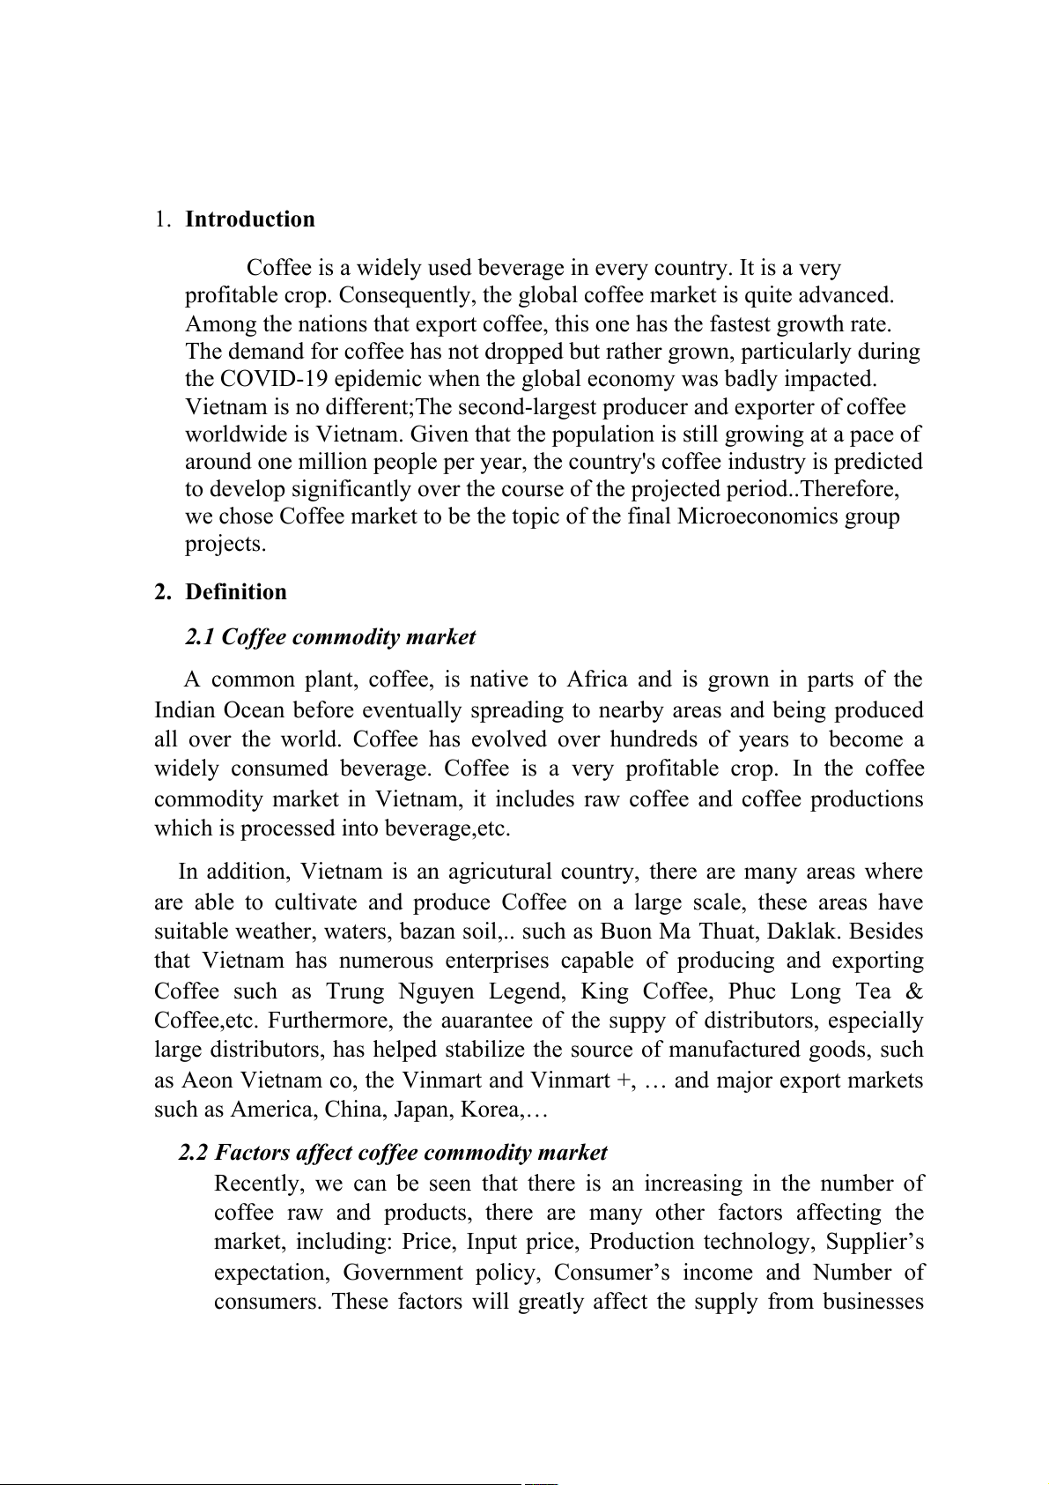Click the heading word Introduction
249,219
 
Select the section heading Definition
236,592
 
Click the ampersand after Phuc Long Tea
914,991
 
